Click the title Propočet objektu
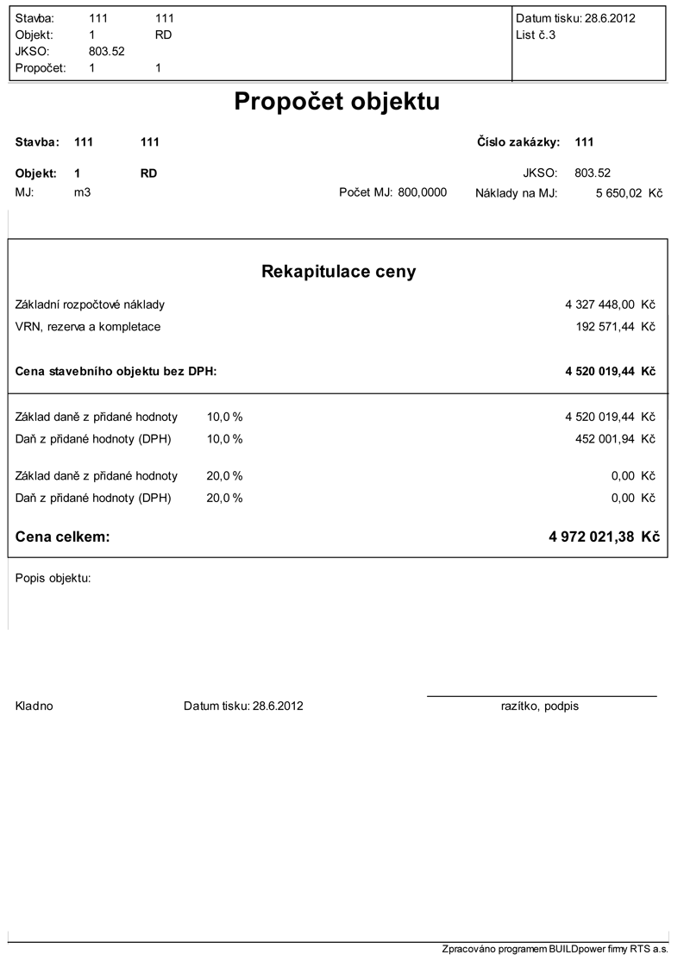point(337,102)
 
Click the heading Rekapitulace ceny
point(338,272)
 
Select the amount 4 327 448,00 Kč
point(610,305)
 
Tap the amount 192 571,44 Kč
point(615,327)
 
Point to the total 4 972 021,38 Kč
point(604,537)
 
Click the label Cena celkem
point(63,537)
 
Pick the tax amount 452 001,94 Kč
point(615,438)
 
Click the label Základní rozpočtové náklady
point(90,305)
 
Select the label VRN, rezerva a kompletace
point(88,327)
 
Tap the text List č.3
point(535,35)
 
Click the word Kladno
point(34,706)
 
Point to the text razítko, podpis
point(540,706)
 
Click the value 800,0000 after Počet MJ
point(423,192)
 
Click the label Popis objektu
point(53,578)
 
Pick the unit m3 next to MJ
point(83,192)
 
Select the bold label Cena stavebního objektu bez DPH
point(116,372)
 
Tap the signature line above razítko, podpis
point(542,695)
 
